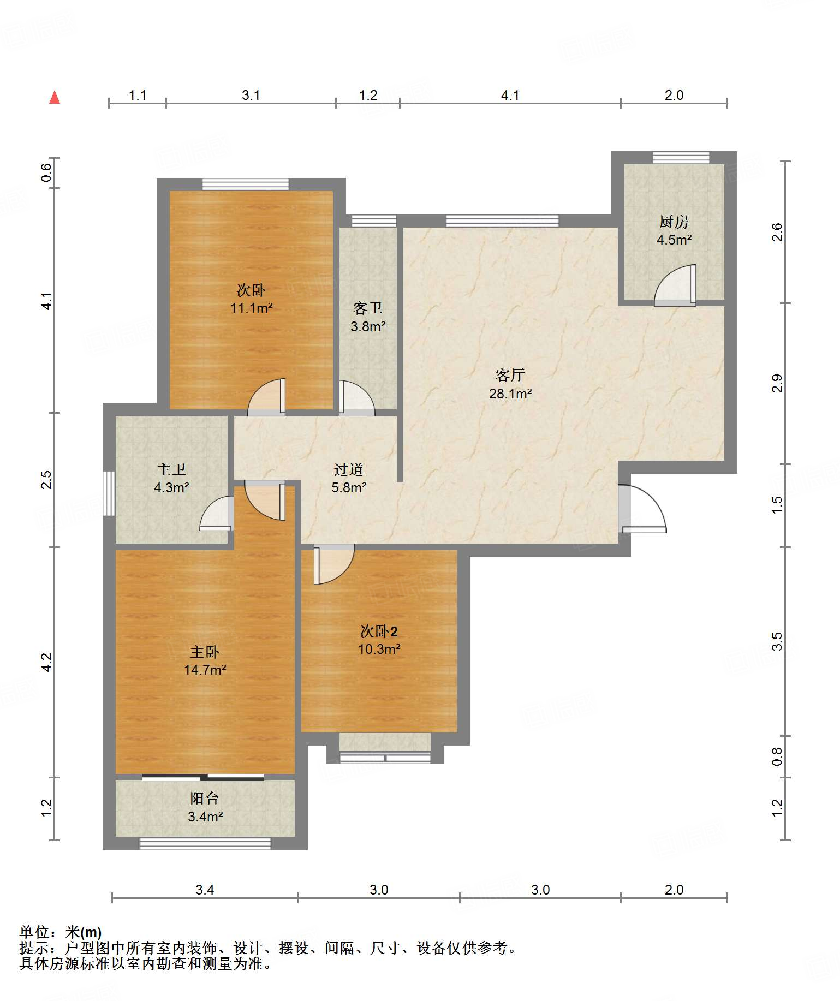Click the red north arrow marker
click(x=55, y=97)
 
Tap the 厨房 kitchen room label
click(x=674, y=222)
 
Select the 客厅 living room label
click(x=510, y=375)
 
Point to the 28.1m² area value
click(x=510, y=394)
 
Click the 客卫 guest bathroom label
click(x=368, y=308)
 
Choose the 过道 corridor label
click(x=349, y=469)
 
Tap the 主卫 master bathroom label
click(x=171, y=469)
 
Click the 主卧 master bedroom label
click(x=205, y=652)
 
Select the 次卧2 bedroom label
click(x=379, y=631)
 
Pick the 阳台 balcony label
click(x=205, y=799)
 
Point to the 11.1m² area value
click(x=251, y=308)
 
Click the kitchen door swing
click(x=675, y=285)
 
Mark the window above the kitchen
click(x=681, y=157)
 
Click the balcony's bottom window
click(x=205, y=843)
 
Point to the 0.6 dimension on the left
click(x=46, y=173)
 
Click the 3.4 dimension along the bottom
click(x=205, y=890)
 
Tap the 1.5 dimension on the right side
click(x=777, y=504)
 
